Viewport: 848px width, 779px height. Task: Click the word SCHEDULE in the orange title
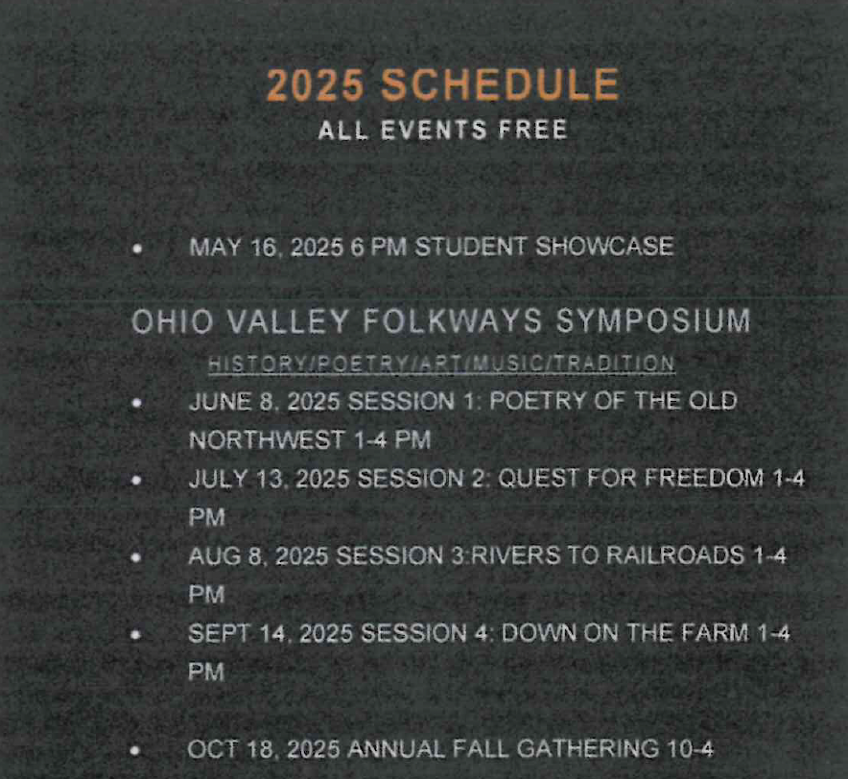(x=500, y=85)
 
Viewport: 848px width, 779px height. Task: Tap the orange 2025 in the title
(x=316, y=85)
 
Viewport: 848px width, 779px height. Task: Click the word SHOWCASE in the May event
(x=604, y=247)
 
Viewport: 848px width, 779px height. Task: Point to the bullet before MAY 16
(x=137, y=248)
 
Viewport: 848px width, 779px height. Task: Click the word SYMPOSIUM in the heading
(x=653, y=320)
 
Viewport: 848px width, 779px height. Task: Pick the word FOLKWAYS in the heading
(x=452, y=320)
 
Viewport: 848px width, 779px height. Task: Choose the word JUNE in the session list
(x=220, y=401)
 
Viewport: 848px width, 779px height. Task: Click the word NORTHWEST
(x=268, y=439)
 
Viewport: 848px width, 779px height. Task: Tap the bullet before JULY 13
(x=137, y=481)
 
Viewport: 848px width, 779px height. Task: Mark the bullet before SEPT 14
(x=136, y=635)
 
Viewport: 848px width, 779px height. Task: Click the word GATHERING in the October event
(x=588, y=748)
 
